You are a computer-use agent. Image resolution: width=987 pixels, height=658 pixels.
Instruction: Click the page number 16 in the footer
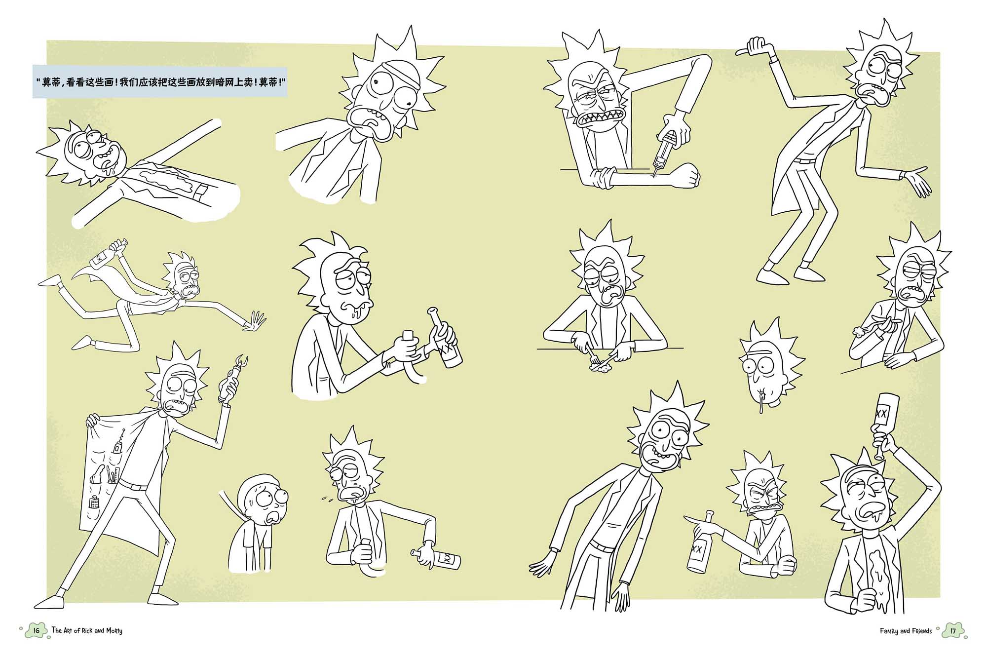pos(36,630)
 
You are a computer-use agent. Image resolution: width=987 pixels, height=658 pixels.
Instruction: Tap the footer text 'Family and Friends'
pos(906,631)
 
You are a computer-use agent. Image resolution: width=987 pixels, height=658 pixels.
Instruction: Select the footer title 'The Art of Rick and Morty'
pos(87,631)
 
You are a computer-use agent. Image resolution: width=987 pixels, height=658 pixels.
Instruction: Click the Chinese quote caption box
pos(160,82)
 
